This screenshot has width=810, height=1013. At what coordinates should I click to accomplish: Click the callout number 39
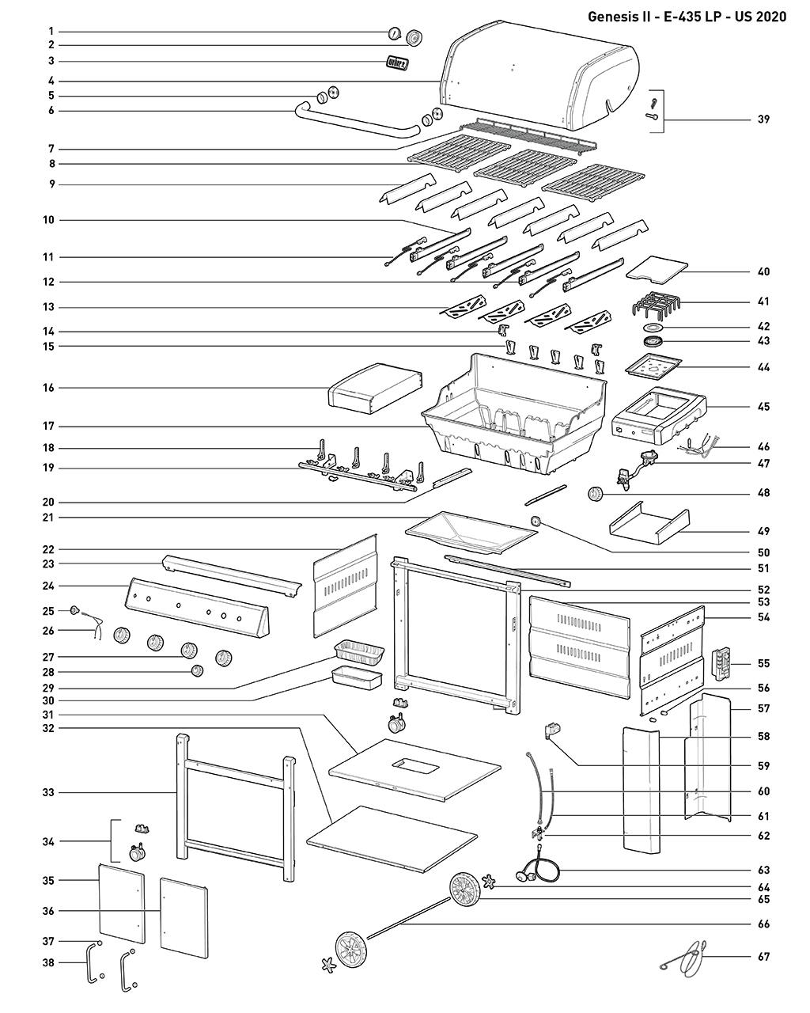pos(763,120)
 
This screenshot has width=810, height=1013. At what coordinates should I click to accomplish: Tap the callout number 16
pos(49,388)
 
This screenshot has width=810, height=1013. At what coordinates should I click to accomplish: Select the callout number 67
pos(763,957)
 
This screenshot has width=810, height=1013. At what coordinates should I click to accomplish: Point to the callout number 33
pos(49,792)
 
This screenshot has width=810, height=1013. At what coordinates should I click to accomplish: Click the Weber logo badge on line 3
pos(397,63)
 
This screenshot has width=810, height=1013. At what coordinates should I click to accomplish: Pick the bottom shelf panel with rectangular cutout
pos(414,768)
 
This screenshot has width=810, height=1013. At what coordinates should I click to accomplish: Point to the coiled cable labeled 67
pos(688,956)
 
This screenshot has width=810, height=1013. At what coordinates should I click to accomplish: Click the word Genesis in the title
pos(617,16)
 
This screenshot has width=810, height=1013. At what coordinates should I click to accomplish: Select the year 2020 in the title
pos(770,16)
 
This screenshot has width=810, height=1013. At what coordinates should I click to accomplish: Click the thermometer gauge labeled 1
pos(393,33)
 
